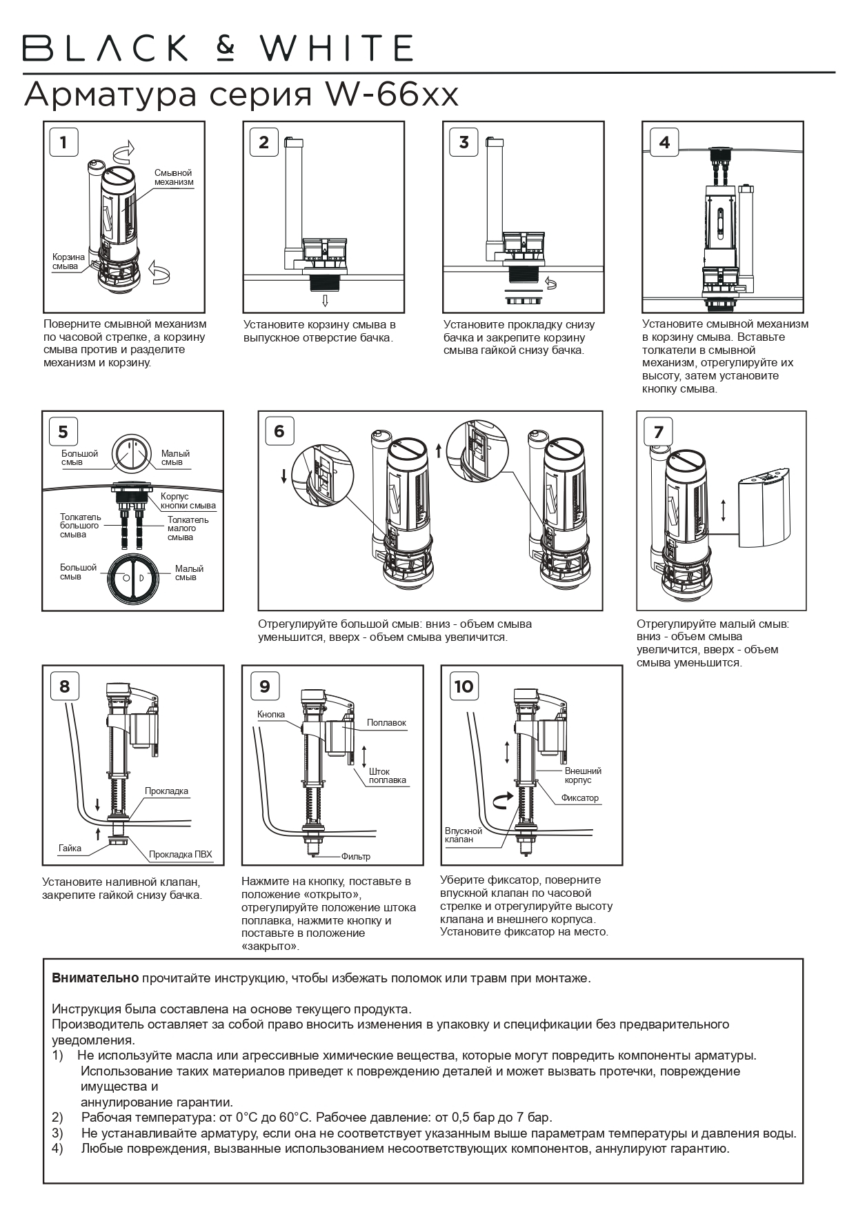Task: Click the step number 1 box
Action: coord(63,142)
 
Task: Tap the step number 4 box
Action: coord(664,142)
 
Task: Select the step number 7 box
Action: coord(657,432)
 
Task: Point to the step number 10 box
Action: coord(464,686)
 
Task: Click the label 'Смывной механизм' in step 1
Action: coord(173,177)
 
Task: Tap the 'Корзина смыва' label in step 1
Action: coord(68,261)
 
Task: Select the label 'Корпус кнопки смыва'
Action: coord(188,501)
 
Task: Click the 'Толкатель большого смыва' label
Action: coord(80,526)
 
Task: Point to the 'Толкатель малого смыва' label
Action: coord(187,528)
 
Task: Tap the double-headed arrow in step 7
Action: coord(723,511)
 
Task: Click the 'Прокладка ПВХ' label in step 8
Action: coord(180,855)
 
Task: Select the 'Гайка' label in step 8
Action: coord(70,849)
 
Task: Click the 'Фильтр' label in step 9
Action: coord(355,856)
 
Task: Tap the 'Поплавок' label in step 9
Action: coord(386,723)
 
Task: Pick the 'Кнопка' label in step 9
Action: coord(270,714)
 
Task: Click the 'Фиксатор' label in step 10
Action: coord(579,798)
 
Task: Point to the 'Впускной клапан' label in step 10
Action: coord(463,835)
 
